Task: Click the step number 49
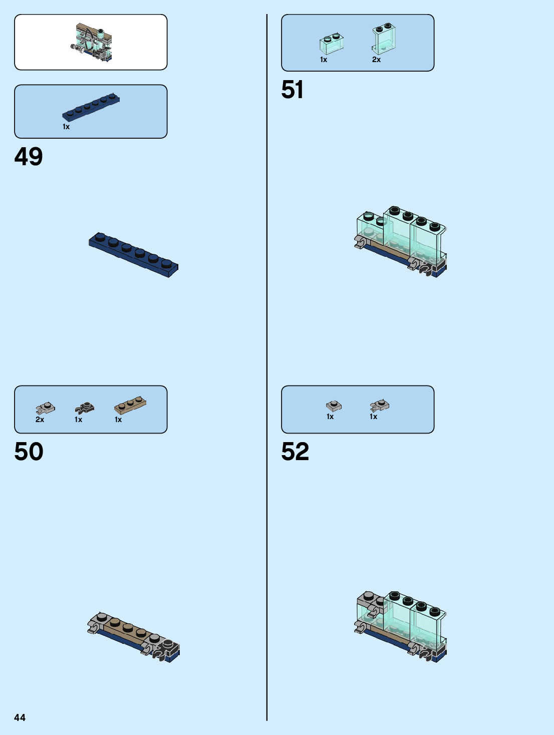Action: [29, 157]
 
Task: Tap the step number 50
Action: [29, 452]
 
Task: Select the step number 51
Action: [293, 90]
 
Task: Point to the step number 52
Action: [295, 452]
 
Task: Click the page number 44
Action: [20, 717]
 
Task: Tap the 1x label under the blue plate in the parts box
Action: [66, 127]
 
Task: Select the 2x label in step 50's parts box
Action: [40, 420]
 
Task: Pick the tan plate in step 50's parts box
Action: [130, 405]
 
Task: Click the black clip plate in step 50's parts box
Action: [85, 408]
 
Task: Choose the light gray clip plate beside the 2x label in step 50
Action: [46, 408]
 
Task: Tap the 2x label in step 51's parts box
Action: [376, 60]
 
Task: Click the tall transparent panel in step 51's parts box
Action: [384, 38]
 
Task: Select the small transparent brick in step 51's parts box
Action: [332, 44]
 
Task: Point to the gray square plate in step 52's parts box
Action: [334, 405]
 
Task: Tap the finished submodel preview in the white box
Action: [92, 42]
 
